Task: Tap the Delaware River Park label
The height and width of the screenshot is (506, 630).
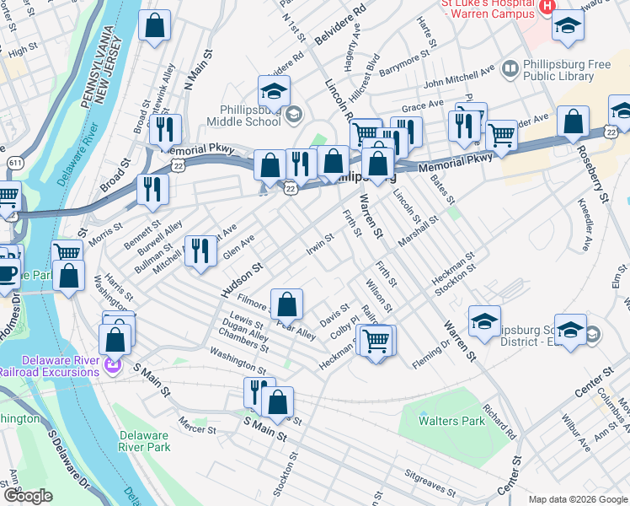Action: click(x=144, y=441)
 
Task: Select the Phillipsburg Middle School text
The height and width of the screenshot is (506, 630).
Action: click(x=250, y=116)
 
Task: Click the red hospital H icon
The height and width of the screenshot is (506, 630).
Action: click(x=547, y=7)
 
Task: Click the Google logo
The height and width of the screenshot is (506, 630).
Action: click(x=28, y=496)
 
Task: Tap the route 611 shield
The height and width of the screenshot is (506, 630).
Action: click(x=15, y=162)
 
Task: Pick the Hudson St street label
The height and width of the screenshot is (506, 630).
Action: click(x=243, y=278)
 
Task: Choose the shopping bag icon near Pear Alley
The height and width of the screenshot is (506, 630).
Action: click(x=287, y=303)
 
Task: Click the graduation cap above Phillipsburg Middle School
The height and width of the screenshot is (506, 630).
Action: click(x=275, y=90)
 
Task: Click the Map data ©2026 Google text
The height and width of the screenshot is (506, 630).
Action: click(x=578, y=498)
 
